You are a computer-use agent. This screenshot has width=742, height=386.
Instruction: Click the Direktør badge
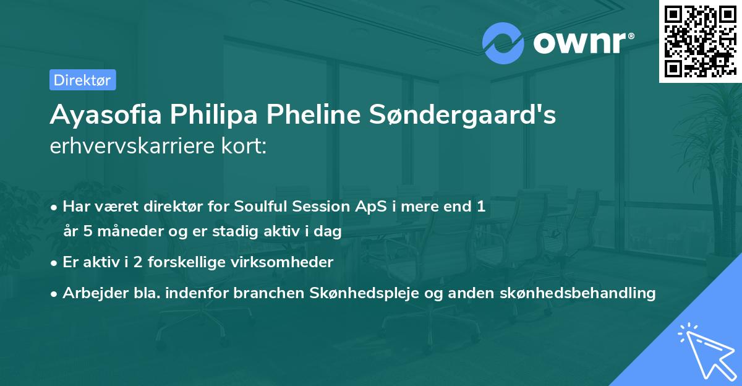click(x=82, y=80)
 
